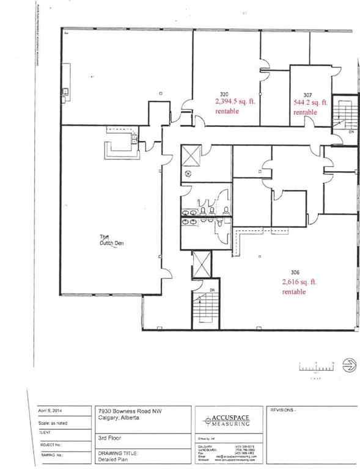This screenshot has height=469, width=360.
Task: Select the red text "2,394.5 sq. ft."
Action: point(236,103)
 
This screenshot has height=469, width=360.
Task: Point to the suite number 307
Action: point(307,95)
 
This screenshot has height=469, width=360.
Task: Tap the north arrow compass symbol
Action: point(350,365)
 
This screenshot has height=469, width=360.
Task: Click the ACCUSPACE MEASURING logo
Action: point(229,419)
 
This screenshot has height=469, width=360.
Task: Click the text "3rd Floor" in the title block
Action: point(108,437)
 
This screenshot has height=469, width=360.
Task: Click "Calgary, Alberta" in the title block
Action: point(117,418)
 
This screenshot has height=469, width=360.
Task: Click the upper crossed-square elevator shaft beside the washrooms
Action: point(191,155)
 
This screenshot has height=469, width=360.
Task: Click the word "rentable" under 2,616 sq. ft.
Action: point(294,292)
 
